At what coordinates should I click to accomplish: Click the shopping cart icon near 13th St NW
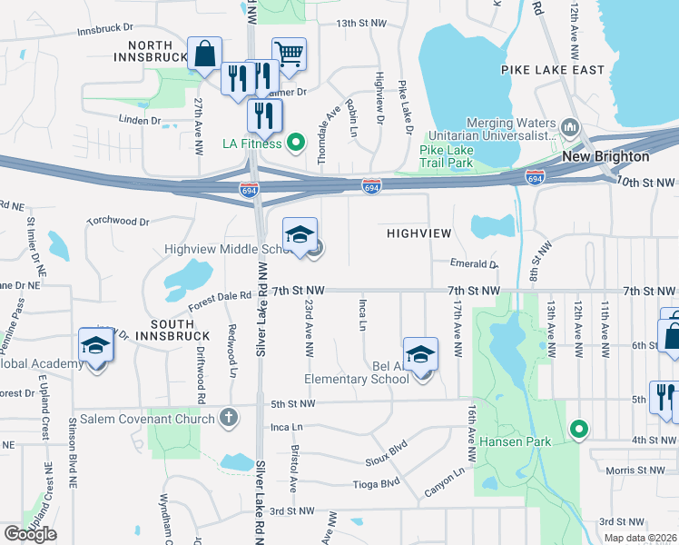tap(289, 53)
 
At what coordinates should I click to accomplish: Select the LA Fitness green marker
tap(295, 143)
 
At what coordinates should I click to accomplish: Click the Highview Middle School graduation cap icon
tap(300, 234)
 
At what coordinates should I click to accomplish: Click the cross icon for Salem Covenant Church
tap(229, 418)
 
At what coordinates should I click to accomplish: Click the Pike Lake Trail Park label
tap(448, 155)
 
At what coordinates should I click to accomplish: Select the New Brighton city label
tap(605, 156)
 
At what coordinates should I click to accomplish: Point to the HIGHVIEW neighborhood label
tap(418, 233)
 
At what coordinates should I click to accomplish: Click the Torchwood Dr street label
tap(117, 221)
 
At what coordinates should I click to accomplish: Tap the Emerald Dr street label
tap(474, 264)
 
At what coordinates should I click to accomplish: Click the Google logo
tap(30, 533)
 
